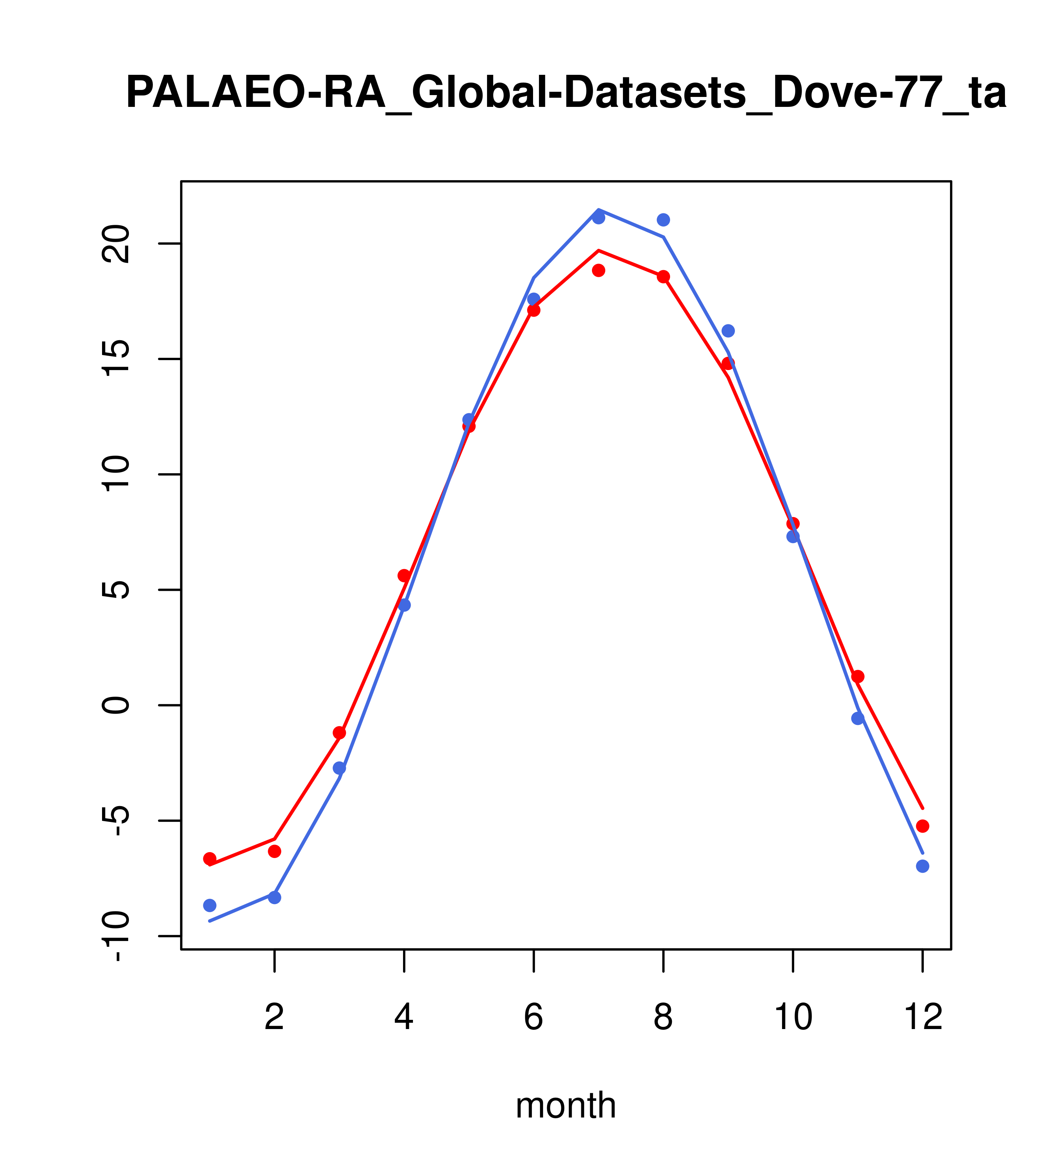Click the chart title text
tap(566, 94)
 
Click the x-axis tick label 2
tap(275, 1018)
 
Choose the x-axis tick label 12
tap(923, 1018)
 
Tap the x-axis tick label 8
tap(663, 1018)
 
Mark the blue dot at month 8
tap(663, 220)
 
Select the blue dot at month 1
tap(210, 906)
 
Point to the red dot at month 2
tap(275, 851)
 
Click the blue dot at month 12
tap(923, 866)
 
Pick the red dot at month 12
tap(923, 826)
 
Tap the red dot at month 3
tap(340, 733)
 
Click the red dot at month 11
tap(858, 677)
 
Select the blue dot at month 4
tap(404, 605)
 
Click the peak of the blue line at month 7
tap(599, 210)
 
